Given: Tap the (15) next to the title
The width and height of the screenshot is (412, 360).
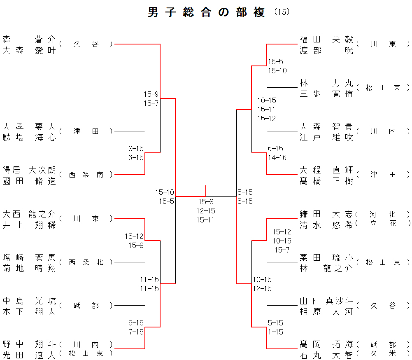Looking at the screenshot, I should point(282,12).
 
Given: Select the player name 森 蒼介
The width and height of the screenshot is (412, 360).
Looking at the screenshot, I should point(29,40).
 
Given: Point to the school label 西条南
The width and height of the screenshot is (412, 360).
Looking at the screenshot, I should point(86,175).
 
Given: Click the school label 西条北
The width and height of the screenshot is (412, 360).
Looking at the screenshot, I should point(86,262).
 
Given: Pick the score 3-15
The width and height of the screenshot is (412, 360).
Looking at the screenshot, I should point(136,148).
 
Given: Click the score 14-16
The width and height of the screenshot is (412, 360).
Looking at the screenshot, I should point(277,157).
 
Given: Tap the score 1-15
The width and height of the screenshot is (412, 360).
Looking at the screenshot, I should point(275,332).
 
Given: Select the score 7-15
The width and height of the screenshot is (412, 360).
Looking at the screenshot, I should point(136,332).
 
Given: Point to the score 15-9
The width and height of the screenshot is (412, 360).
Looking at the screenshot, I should point(151,94).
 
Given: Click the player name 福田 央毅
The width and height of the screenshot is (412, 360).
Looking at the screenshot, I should point(326,40).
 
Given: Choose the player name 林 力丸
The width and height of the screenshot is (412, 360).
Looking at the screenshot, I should point(326,83).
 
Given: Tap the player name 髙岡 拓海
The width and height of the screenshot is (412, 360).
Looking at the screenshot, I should point(326,344).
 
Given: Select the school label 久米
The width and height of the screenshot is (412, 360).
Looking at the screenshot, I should point(383,353).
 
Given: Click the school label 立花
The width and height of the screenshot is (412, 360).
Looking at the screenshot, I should point(383,223).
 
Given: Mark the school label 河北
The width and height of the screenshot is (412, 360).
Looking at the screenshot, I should point(383,214).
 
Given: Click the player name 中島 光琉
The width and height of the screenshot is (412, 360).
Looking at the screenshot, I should point(29,301).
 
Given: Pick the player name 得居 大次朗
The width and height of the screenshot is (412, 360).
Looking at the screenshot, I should point(29,170).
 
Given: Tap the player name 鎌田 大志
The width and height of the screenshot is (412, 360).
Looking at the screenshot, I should point(326,214).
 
